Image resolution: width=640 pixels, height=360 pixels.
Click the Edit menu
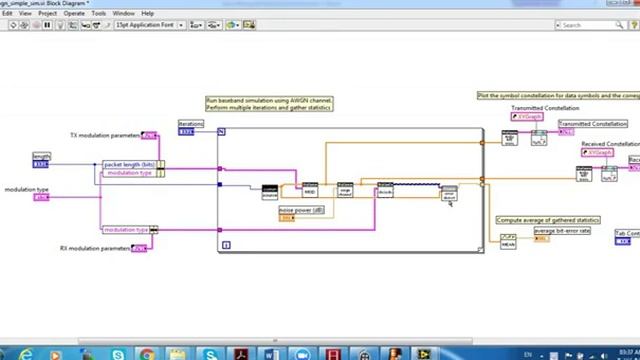[7, 13]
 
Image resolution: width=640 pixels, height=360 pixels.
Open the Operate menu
[74, 13]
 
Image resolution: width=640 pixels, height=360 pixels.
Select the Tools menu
[99, 13]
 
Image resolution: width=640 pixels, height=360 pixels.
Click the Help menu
[148, 13]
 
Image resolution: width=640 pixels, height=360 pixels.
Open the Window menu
[124, 13]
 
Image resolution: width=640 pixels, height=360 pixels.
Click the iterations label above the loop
[190, 124]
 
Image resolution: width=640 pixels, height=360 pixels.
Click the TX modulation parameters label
[104, 135]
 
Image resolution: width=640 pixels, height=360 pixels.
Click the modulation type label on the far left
[27, 189]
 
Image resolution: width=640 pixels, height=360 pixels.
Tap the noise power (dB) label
[301, 210]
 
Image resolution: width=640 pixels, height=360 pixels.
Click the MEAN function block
[508, 241]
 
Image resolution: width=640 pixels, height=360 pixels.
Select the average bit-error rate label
[561, 231]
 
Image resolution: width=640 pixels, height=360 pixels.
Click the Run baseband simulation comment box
[269, 103]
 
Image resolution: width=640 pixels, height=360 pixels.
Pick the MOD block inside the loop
[310, 189]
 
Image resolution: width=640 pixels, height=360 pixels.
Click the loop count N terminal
[222, 131]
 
